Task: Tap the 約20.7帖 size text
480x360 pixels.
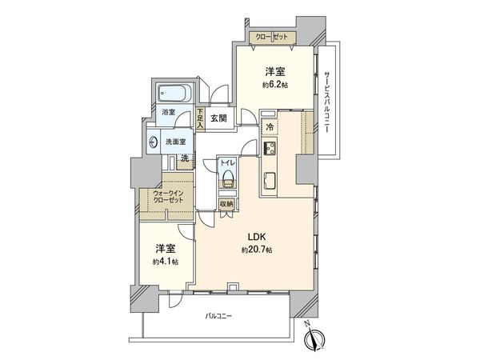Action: [x=257, y=250]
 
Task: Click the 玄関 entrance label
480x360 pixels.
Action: [x=217, y=118]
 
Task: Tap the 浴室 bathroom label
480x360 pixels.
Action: [x=168, y=113]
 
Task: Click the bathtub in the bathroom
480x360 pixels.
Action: [x=173, y=92]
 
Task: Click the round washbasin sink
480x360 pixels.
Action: [x=154, y=143]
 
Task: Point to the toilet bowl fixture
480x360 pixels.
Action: [x=228, y=178]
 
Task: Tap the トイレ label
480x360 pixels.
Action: [x=227, y=160]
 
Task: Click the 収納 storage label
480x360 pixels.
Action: [x=228, y=203]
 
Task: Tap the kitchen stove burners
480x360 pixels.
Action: [x=270, y=150]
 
